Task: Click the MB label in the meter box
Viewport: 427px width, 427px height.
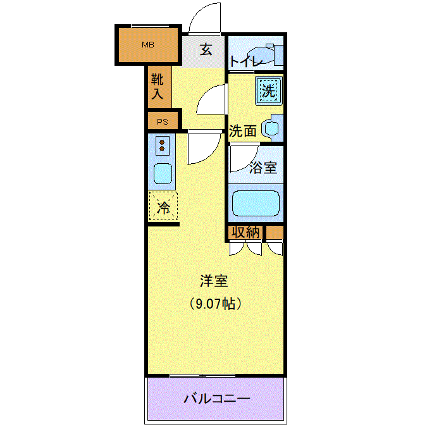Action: click(x=148, y=45)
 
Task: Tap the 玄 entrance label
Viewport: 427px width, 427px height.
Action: click(x=206, y=49)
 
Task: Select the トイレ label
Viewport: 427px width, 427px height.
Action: click(x=245, y=61)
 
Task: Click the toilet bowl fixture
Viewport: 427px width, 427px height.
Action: click(x=261, y=55)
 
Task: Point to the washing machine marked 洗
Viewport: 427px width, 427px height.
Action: click(x=268, y=90)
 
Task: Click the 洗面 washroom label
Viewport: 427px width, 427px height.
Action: click(x=243, y=131)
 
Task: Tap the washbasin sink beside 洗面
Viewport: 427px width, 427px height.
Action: click(x=271, y=128)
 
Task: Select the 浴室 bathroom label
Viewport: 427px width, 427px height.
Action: click(x=263, y=168)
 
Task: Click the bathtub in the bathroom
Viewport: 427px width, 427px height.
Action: click(x=256, y=203)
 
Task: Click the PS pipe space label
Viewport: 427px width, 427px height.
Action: click(x=163, y=121)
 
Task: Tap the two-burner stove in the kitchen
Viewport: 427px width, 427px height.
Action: click(x=162, y=145)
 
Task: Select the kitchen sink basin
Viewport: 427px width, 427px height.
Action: click(x=163, y=173)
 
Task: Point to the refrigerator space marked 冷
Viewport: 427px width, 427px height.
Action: click(x=163, y=206)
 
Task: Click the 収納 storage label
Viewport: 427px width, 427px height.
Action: click(x=245, y=232)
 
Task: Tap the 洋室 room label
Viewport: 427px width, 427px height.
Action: click(x=214, y=281)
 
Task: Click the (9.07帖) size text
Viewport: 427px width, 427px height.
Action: click(x=216, y=304)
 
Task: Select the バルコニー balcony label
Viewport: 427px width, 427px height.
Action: click(x=217, y=399)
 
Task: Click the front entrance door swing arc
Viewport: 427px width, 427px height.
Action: click(x=200, y=14)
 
